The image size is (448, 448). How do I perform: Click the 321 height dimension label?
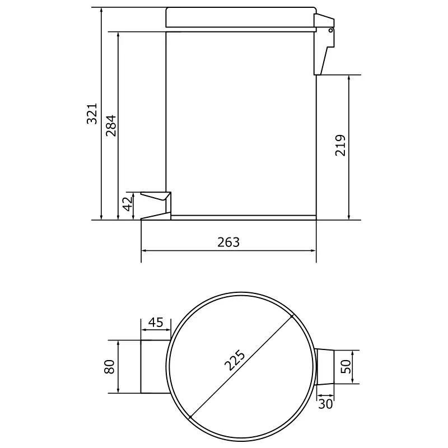click(x=92, y=114)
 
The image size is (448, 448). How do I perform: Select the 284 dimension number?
click(x=111, y=125)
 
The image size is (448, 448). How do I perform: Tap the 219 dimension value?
click(x=340, y=145)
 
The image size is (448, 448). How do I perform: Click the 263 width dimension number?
click(x=228, y=242)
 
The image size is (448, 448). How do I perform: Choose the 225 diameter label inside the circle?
click(x=235, y=360)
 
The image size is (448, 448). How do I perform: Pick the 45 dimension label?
click(x=156, y=323)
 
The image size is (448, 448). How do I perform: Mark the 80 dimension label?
click(x=109, y=367)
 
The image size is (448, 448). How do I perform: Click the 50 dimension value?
click(x=346, y=367)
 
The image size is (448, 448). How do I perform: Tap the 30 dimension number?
click(x=325, y=404)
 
